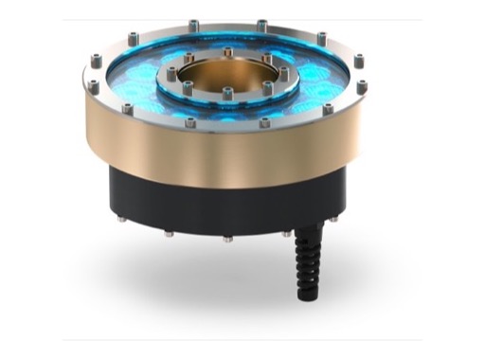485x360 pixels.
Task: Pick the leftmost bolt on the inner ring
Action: pyautogui.click(x=171, y=73)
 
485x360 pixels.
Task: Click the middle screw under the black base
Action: pyautogui.click(x=227, y=238)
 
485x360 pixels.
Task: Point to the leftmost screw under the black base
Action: pyautogui.click(x=122, y=217)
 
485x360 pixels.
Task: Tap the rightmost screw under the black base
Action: pyautogui.click(x=332, y=217)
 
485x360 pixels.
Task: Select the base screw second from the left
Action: pyautogui.click(x=168, y=232)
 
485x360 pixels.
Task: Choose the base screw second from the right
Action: pyautogui.click(x=286, y=232)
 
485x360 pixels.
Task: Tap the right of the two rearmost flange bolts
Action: pyautogui.click(x=261, y=23)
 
